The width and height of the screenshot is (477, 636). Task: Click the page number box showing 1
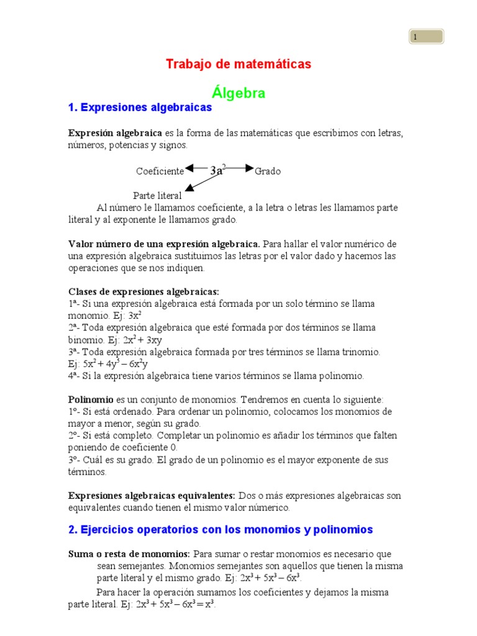point(426,37)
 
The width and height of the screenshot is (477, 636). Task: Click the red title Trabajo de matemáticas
point(238,64)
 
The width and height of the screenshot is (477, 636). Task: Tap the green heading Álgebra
point(238,93)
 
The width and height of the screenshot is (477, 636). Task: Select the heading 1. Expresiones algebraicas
point(140,107)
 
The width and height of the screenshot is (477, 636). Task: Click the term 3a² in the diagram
point(217,170)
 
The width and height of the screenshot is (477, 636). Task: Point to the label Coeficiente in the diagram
point(160,171)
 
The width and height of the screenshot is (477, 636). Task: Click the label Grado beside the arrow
point(268,171)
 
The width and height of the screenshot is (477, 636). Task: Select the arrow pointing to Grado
point(240,168)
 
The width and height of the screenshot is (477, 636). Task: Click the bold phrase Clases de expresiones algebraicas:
point(143,291)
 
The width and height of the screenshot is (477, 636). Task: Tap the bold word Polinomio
point(91,399)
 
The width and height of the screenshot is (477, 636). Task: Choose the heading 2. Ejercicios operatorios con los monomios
point(220,530)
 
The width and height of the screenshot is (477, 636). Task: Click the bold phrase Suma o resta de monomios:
point(129,553)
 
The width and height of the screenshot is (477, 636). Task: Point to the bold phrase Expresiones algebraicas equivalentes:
point(152,496)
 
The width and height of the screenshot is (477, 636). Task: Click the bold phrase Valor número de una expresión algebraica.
point(164,243)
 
